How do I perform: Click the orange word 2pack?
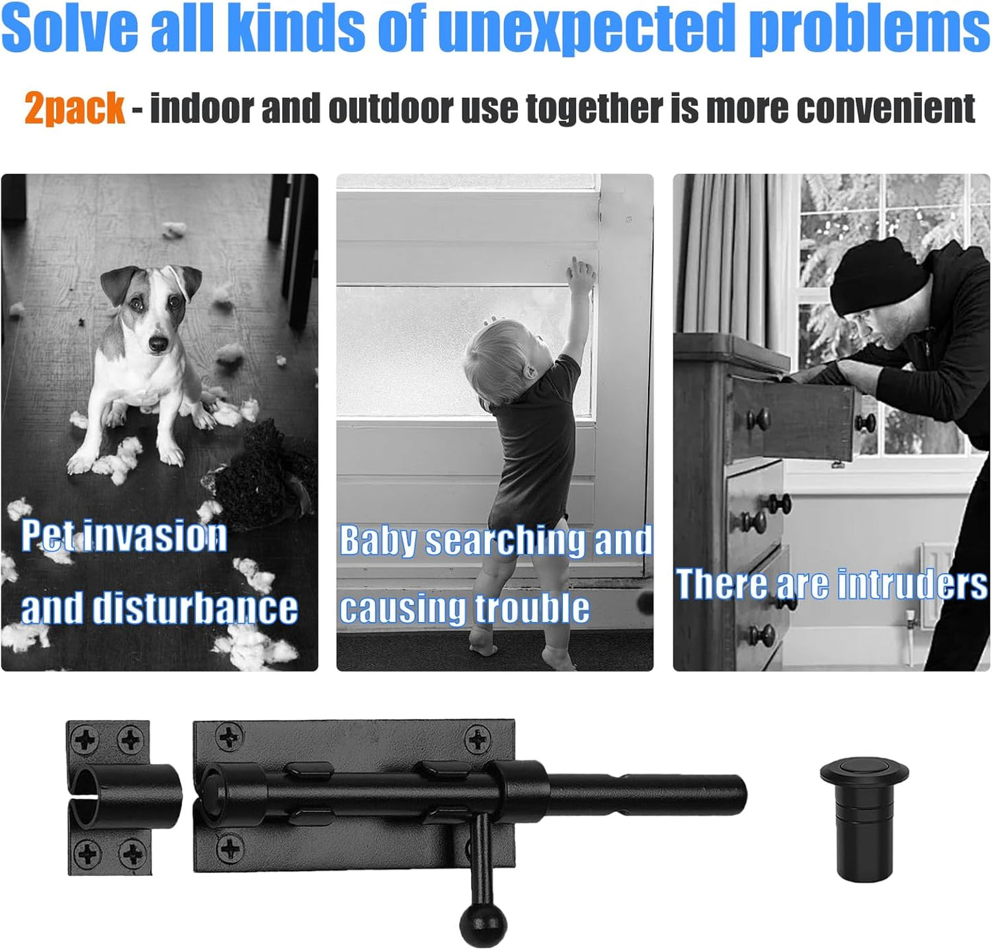74,108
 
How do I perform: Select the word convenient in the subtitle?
886,108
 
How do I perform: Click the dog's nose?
158,344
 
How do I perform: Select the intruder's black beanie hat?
876,277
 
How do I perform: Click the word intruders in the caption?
912,584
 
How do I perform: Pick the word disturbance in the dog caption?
195,608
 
